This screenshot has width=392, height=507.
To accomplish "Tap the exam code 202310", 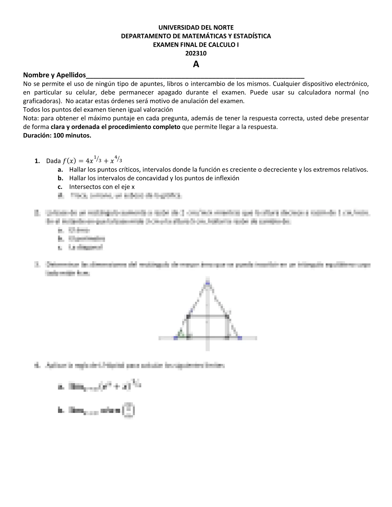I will pyautogui.click(x=196, y=53).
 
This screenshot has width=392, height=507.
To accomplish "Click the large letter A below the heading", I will pyautogui.click(x=196, y=64).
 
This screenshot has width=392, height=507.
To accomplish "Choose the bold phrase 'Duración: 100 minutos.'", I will pyautogui.click(x=57, y=135).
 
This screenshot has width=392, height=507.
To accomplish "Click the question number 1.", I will pyautogui.click(x=37, y=161).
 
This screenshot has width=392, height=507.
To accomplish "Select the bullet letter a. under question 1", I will pyautogui.click(x=60, y=170).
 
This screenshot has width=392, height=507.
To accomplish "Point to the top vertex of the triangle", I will pyautogui.click(x=208, y=283).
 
